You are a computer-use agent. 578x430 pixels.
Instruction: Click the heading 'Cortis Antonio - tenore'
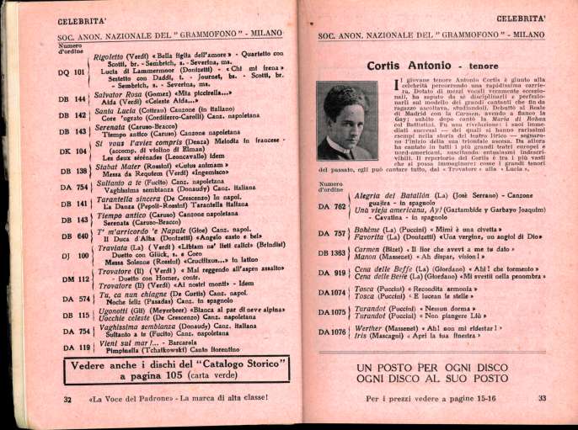point(429,65)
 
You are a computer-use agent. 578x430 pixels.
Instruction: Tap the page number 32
point(68,399)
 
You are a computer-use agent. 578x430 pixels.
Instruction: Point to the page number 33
point(543,398)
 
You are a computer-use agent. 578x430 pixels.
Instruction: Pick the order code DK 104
point(73,151)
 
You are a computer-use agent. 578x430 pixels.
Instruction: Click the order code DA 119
point(73,348)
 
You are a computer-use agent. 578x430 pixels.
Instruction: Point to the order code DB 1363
point(334,252)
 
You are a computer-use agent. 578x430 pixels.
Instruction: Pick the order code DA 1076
point(334,332)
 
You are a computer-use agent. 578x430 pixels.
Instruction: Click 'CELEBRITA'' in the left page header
point(81,17)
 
